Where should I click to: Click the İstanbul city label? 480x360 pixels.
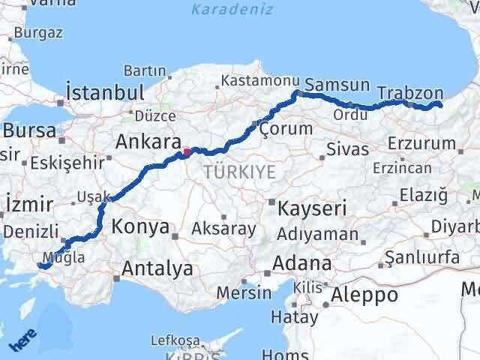105,92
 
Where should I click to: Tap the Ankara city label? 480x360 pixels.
148,142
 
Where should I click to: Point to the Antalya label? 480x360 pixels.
157,268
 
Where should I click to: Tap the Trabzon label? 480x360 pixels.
411,92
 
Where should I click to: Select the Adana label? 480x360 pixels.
303,264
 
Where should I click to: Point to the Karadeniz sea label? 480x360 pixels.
223,10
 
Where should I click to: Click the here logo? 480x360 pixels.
22,343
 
